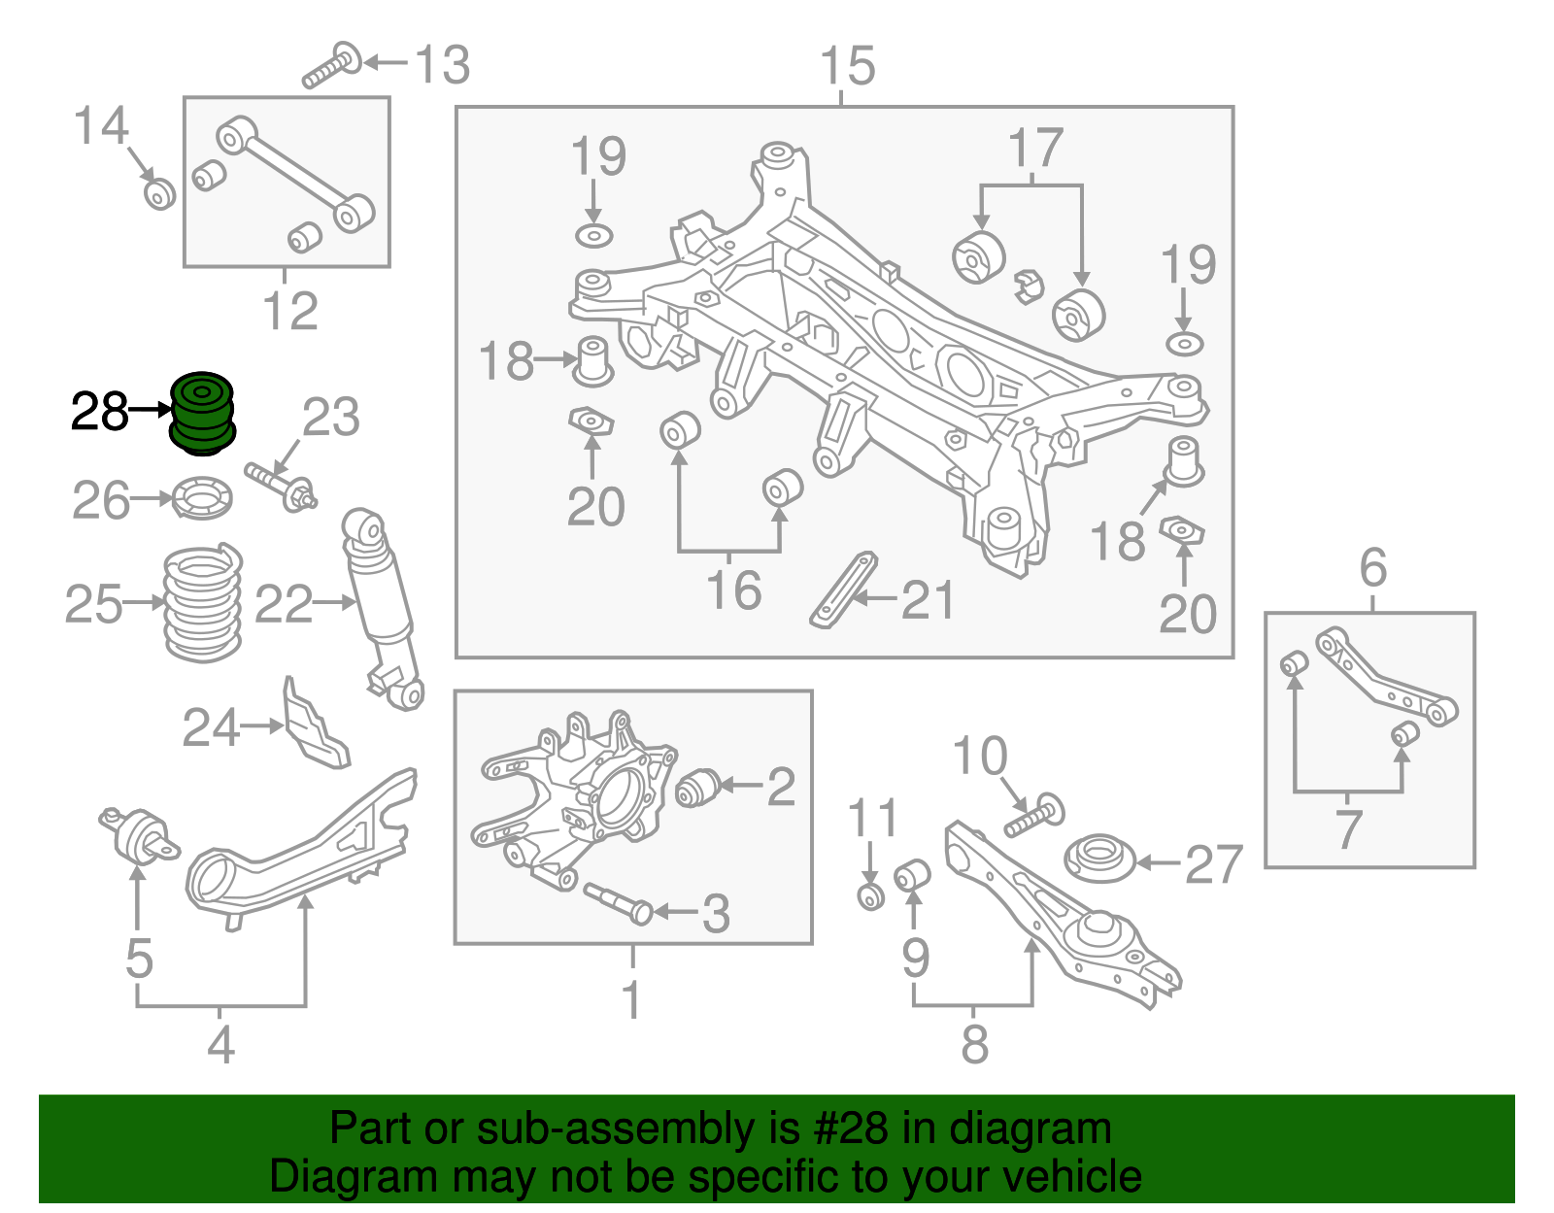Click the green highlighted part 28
pos(202,413)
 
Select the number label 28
pos(99,412)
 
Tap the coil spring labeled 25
pos(202,604)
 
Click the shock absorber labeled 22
pos(382,602)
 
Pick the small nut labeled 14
pos(159,193)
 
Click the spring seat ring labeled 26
pos(202,498)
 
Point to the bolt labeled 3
pos(618,900)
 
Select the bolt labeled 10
pos(1033,815)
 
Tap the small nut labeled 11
pos(871,895)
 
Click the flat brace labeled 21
pos(842,590)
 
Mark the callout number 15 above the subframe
pos(847,66)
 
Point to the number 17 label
pos(1035,149)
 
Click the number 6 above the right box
pos(1372,567)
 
